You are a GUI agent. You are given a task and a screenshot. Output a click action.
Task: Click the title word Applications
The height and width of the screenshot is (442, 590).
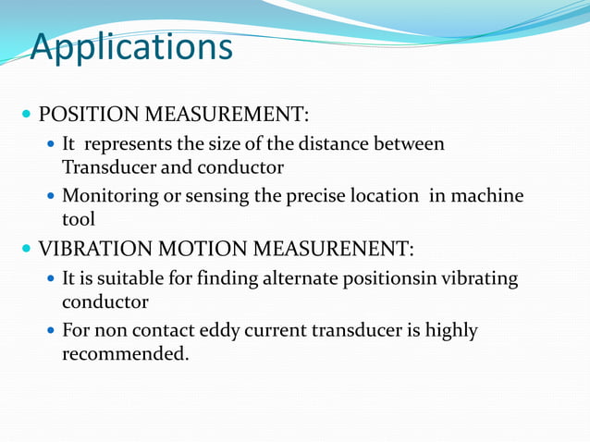tap(130, 46)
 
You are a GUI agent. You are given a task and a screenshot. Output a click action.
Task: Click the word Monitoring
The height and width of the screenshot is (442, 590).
tap(107, 197)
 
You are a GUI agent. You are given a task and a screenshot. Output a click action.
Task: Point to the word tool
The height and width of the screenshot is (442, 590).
tap(79, 219)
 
